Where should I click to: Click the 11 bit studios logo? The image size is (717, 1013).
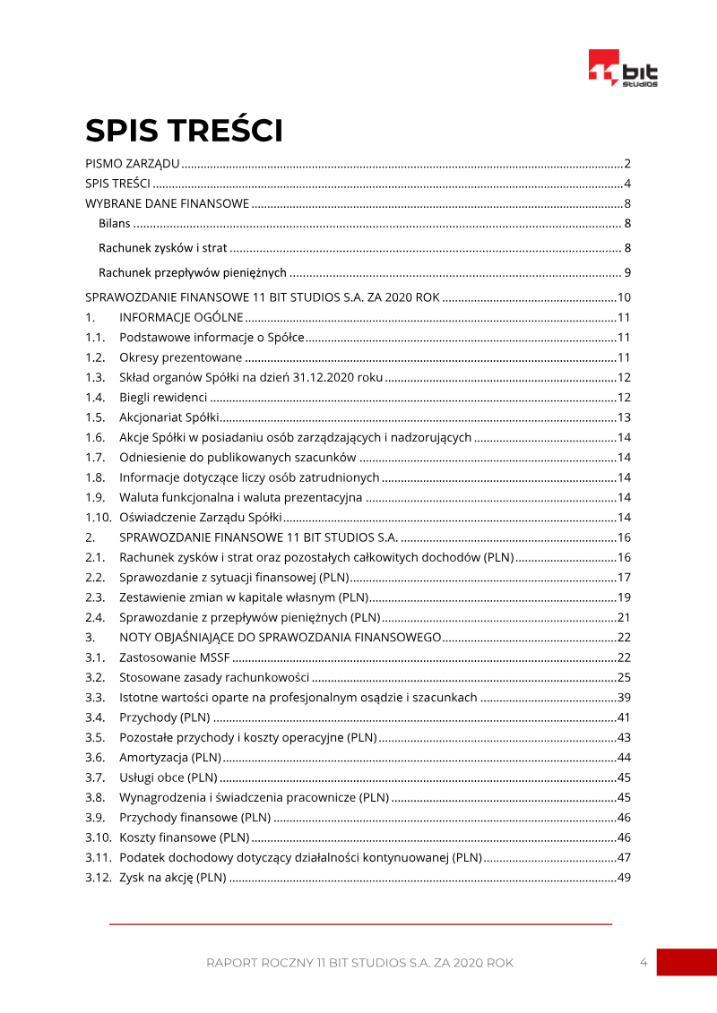click(x=623, y=69)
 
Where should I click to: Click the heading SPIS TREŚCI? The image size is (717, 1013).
click(x=184, y=131)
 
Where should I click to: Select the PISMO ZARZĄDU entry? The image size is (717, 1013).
click(x=133, y=164)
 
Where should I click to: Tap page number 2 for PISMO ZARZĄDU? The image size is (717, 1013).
click(x=628, y=164)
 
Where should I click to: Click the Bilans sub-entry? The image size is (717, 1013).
click(x=115, y=223)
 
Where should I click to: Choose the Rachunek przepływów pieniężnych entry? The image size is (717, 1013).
click(x=193, y=272)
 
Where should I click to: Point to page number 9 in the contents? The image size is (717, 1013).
click(x=628, y=272)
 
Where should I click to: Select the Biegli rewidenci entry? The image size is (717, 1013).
click(x=163, y=397)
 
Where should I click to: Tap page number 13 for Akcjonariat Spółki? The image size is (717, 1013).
click(x=625, y=416)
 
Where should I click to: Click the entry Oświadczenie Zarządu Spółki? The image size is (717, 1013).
click(x=201, y=517)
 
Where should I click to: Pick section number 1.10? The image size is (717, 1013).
click(x=98, y=517)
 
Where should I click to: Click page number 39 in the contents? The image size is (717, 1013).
click(x=625, y=697)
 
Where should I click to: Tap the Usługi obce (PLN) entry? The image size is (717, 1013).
click(x=168, y=777)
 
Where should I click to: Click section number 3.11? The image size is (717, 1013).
click(x=98, y=857)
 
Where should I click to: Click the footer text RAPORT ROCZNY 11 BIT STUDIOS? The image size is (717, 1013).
click(x=359, y=963)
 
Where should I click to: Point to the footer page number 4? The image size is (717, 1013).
click(x=644, y=962)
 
